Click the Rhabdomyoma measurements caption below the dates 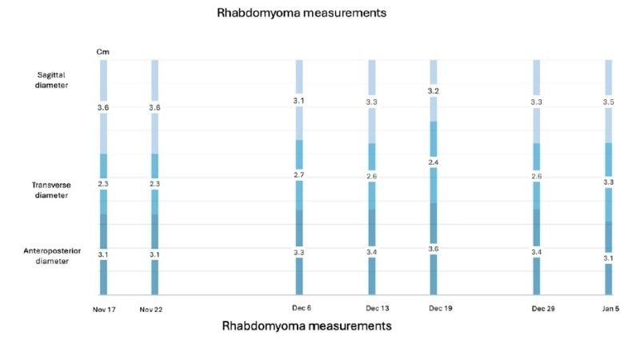306,326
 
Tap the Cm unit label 103,52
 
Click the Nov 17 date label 104,309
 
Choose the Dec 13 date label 371,309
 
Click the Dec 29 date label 537,309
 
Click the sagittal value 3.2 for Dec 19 434,91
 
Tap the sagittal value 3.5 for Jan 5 609,102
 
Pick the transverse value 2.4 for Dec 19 434,163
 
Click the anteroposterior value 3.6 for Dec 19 434,249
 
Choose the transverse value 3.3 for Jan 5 609,182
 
